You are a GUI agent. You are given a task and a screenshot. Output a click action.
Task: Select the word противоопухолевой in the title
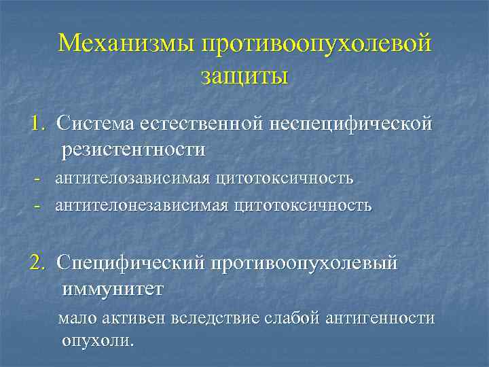coord(315,43)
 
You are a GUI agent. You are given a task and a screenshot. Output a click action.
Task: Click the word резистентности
coord(134,148)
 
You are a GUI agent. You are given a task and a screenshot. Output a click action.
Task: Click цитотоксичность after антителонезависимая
coord(304,205)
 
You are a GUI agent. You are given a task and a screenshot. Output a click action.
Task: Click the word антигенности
coord(380,317)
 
